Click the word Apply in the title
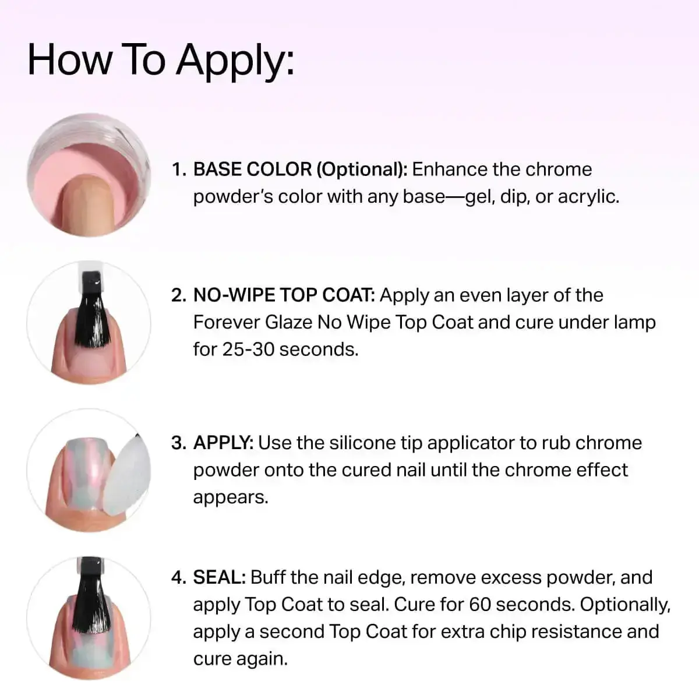[x=235, y=61]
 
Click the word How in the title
[x=70, y=59]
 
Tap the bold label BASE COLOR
[x=252, y=170]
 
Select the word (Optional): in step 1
[x=362, y=170]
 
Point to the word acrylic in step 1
[x=588, y=197]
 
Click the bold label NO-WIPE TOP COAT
[x=284, y=295]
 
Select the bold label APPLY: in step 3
[x=224, y=443]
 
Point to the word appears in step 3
[x=231, y=497]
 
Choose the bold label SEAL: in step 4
[x=220, y=578]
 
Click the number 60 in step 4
[x=480, y=605]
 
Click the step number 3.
[x=178, y=443]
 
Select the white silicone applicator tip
[x=128, y=475]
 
